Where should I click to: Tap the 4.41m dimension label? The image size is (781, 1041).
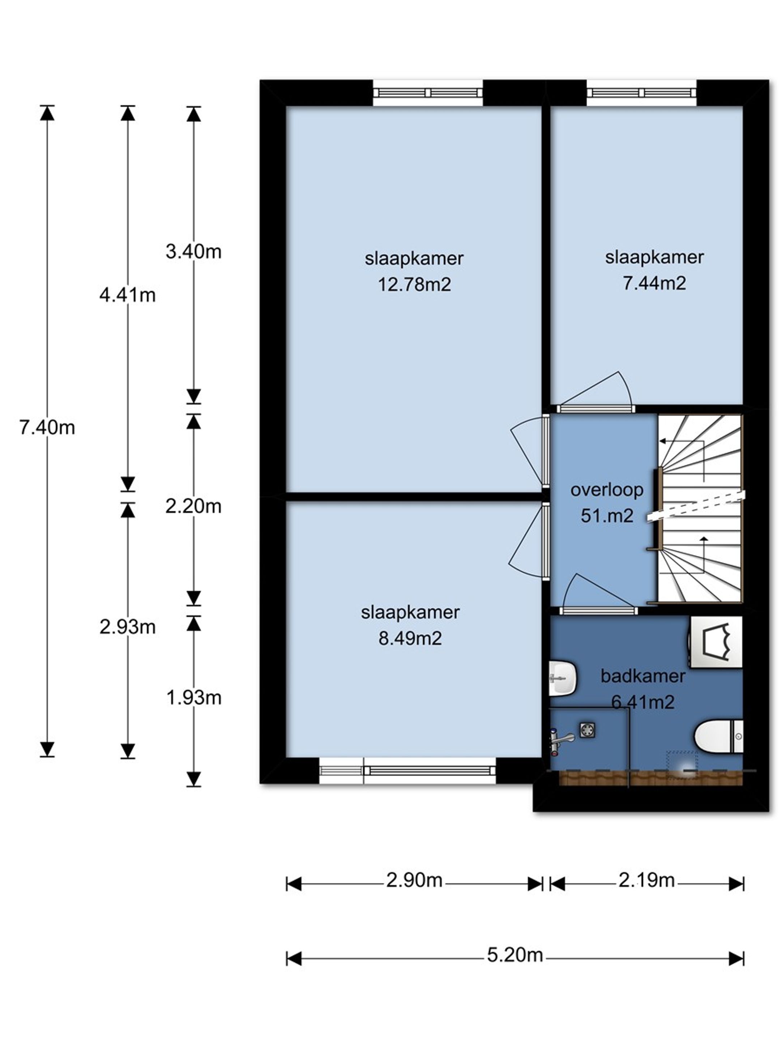(128, 295)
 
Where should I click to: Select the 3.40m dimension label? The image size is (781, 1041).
(193, 252)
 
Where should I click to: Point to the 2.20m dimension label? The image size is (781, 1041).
(193, 506)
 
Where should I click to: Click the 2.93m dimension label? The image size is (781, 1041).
(128, 627)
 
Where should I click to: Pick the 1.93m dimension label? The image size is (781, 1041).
(193, 698)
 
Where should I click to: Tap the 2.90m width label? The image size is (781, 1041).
(414, 880)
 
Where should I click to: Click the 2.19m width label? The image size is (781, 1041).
(646, 880)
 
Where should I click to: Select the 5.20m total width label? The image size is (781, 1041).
(515, 955)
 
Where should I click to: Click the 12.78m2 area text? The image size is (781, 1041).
(415, 285)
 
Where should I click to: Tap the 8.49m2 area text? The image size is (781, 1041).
(410, 639)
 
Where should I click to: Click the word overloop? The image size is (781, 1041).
(607, 490)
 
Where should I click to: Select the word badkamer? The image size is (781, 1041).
(643, 676)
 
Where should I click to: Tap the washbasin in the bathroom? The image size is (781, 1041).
(563, 678)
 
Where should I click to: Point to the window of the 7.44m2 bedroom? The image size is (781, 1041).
(641, 93)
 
